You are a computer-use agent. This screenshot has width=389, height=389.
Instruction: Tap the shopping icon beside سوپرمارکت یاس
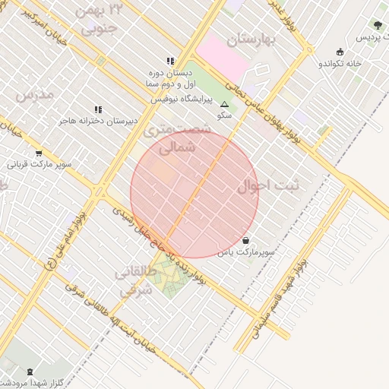[245, 240]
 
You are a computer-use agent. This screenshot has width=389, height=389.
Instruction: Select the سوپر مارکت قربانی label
[40, 163]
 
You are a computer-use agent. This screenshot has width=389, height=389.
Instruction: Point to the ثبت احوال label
[268, 185]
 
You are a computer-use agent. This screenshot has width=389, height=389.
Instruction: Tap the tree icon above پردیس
[378, 26]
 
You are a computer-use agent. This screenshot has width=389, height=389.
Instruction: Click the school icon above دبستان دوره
[170, 61]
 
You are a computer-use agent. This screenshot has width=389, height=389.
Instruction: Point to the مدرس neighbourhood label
[35, 96]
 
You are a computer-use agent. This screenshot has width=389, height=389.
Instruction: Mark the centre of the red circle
[194, 194]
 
